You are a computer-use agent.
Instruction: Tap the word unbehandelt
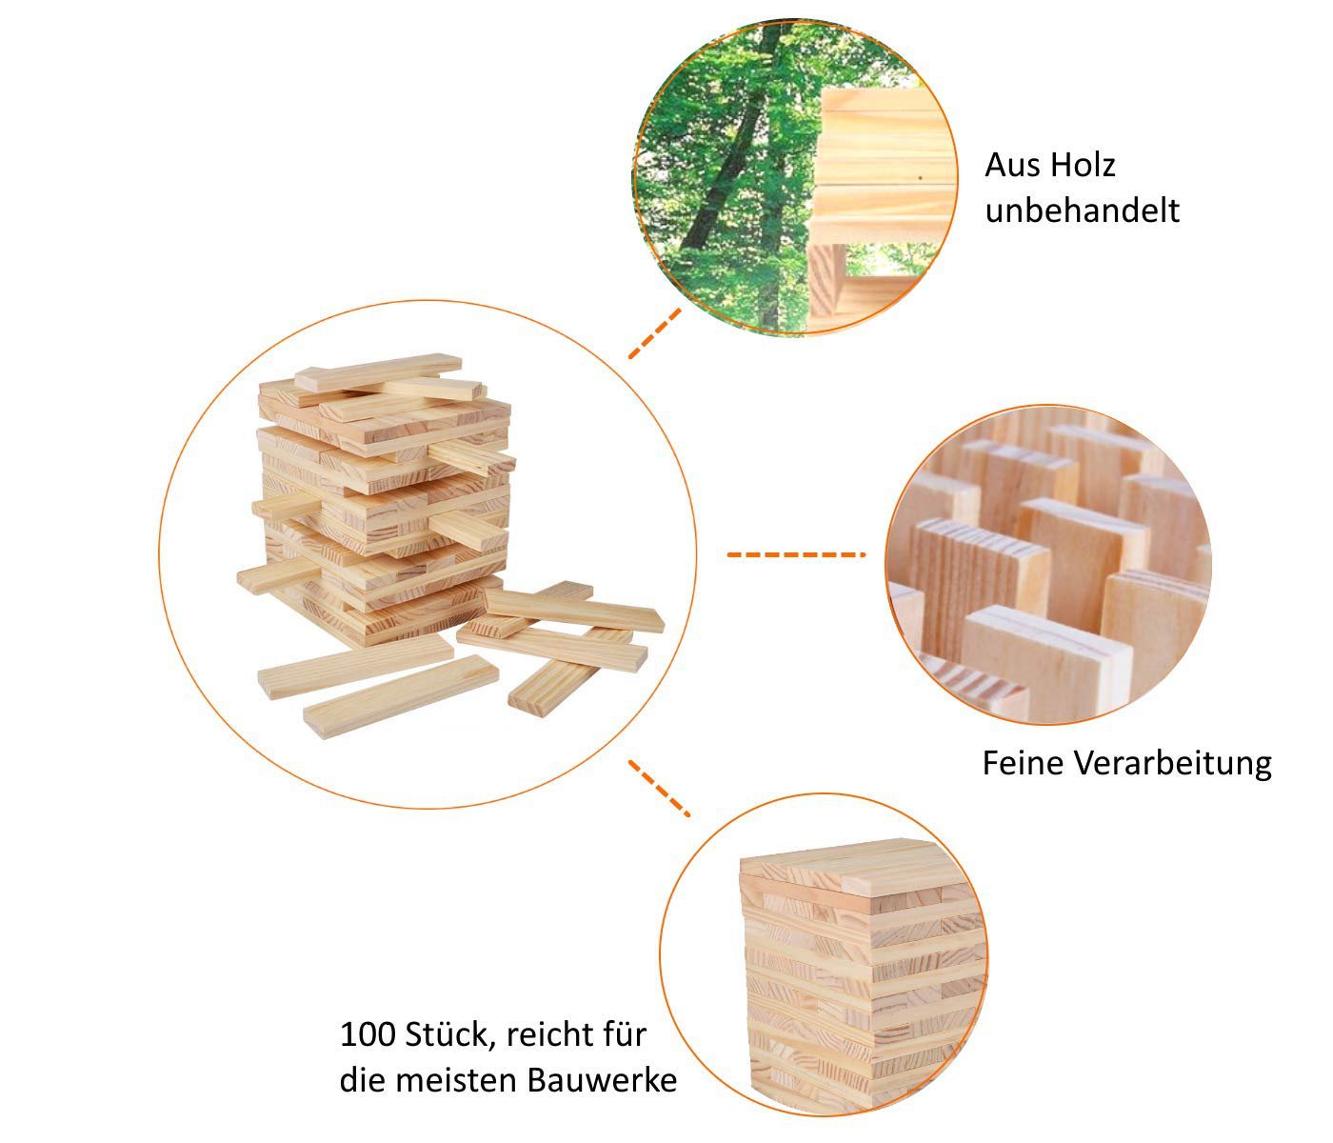pyautogui.click(x=1082, y=211)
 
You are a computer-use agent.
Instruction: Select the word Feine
pyautogui.click(x=1023, y=763)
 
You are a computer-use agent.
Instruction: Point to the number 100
pyautogui.click(x=368, y=1034)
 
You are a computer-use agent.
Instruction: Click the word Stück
pyautogui.click(x=450, y=1034)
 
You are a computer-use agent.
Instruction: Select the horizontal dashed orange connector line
pyautogui.click(x=795, y=553)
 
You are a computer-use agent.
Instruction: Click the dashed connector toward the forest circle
pyautogui.click(x=655, y=332)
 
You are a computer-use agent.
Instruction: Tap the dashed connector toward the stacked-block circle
pyautogui.click(x=659, y=788)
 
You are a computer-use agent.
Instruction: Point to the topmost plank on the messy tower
pyautogui.click(x=378, y=371)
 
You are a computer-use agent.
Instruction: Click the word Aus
pyautogui.click(x=1011, y=166)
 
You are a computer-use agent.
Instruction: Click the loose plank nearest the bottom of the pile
pyautogui.click(x=401, y=694)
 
